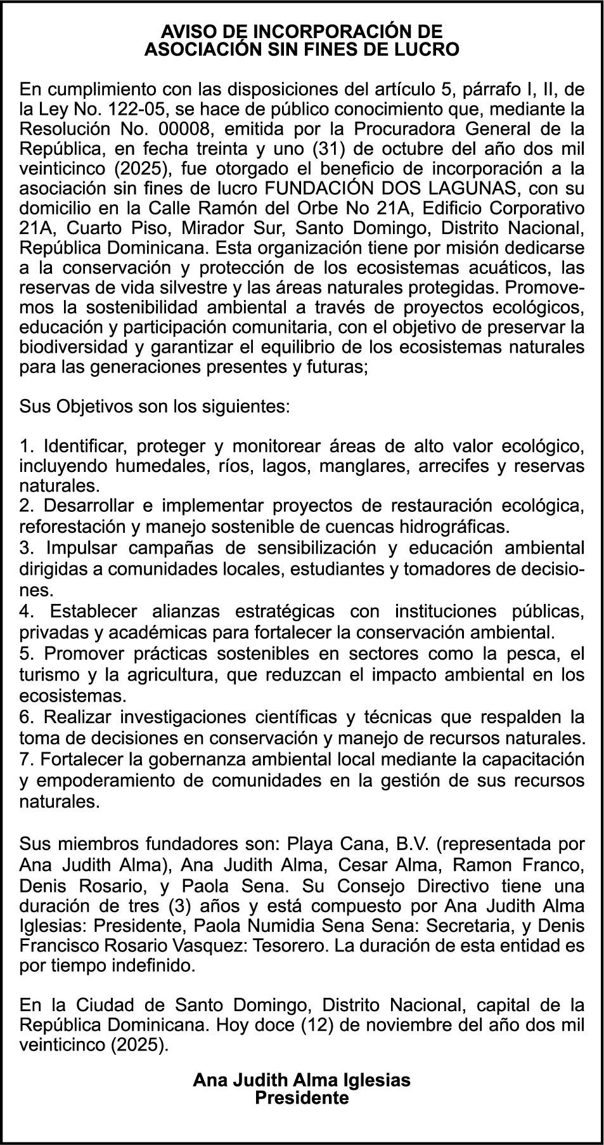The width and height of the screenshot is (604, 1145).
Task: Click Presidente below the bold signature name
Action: (302, 1098)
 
